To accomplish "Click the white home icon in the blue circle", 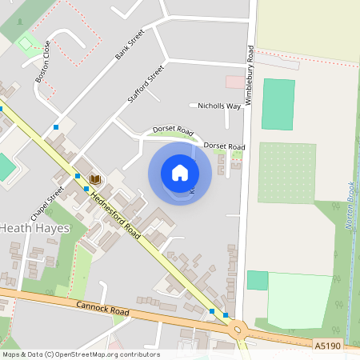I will click(x=180, y=172).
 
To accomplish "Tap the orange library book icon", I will click(x=94, y=179).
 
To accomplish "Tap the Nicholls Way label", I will click(x=219, y=106).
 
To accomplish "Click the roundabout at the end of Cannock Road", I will click(x=238, y=329).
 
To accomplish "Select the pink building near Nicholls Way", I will click(x=235, y=82).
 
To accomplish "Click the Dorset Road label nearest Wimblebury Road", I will click(x=224, y=146).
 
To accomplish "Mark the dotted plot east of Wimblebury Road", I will click(x=286, y=172).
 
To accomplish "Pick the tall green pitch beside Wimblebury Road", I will click(x=278, y=104).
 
